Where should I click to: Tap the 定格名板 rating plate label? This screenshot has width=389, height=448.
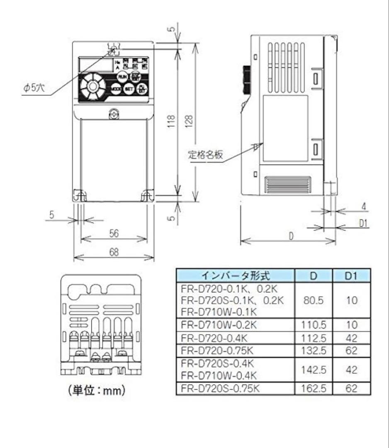tap(206, 156)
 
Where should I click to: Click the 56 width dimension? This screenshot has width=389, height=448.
tap(113, 234)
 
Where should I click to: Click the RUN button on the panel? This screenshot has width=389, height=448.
tap(122, 77)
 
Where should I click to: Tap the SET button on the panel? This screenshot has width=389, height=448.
tap(129, 88)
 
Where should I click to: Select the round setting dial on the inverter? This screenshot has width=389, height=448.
tap(91, 87)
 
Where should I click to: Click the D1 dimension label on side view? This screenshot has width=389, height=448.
tap(364, 224)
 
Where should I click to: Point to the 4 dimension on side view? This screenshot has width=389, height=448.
tap(364, 206)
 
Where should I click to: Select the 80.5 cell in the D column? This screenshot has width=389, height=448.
tap(314, 300)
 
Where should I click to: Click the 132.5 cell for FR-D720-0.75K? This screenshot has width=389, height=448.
tap(314, 351)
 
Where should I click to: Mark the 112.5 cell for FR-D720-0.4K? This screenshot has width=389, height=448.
tap(314, 338)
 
